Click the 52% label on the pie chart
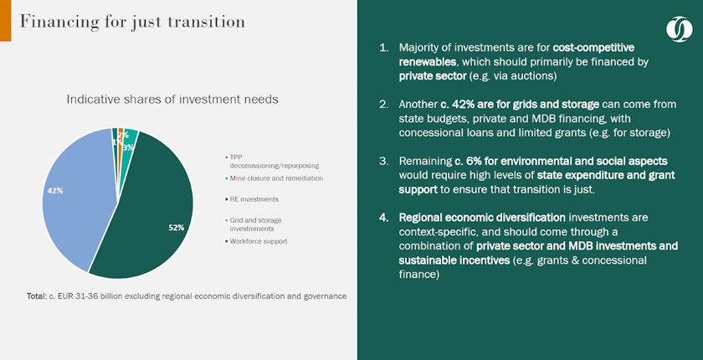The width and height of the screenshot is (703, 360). coord(175,227)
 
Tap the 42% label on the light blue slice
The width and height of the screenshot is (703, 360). coord(55,191)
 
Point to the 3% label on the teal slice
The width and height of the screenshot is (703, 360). coord(128,147)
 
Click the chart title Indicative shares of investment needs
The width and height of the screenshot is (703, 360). coord(172,100)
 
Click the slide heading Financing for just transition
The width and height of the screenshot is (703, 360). coord(132,22)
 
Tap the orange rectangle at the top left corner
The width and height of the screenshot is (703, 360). coord(5,20)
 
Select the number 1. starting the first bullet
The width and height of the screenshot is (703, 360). coord(384,48)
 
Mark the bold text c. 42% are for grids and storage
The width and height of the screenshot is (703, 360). coord(510,104)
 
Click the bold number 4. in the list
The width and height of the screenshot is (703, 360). coord(384,218)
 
